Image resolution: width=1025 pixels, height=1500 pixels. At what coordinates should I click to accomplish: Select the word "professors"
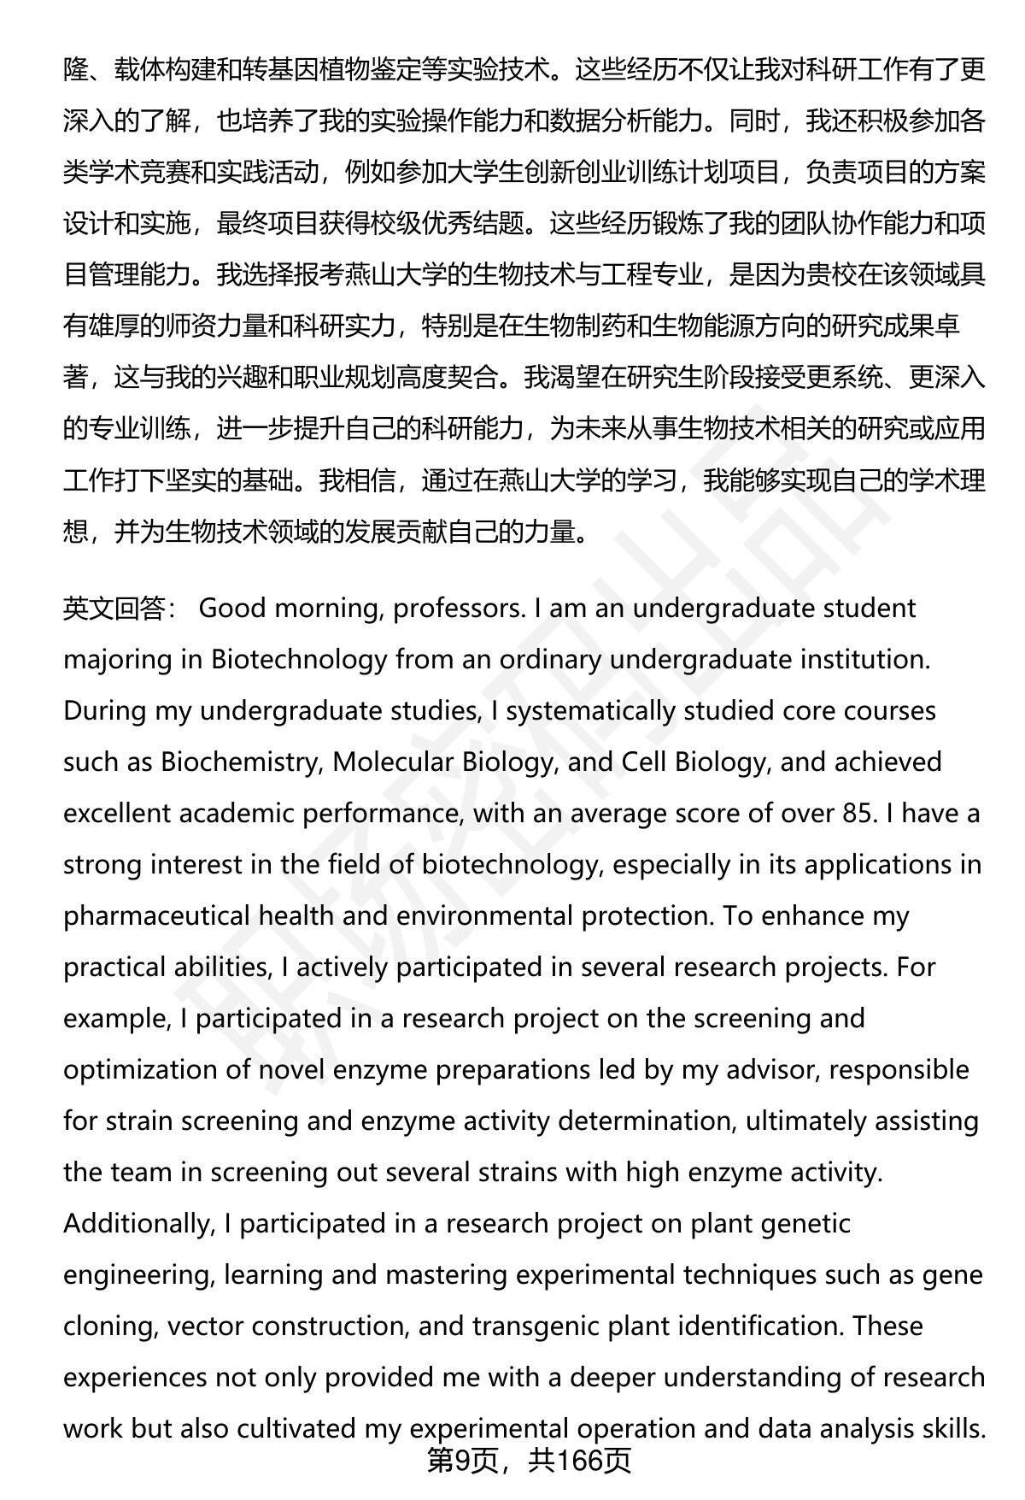pos(458,609)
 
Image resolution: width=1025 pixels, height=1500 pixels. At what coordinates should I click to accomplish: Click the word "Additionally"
pos(137,1224)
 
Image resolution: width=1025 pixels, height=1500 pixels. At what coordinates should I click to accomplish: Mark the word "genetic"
pos(802,1224)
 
